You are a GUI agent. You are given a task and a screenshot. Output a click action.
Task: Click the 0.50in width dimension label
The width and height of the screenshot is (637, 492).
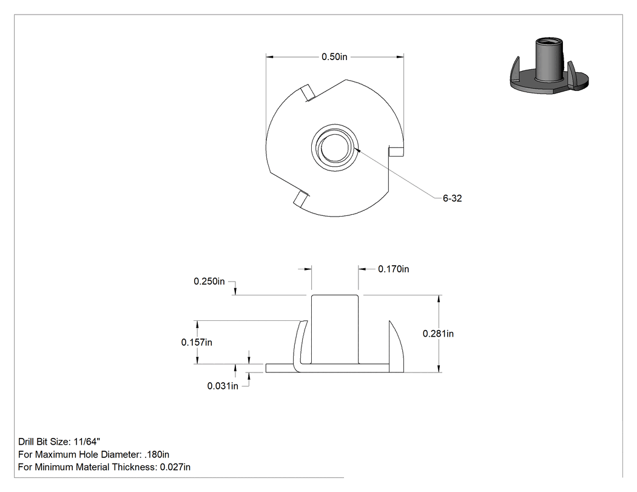334,57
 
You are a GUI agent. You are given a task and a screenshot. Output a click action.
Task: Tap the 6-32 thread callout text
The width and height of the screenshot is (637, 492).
452,198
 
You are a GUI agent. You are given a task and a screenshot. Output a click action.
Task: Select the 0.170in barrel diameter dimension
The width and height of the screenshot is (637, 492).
393,269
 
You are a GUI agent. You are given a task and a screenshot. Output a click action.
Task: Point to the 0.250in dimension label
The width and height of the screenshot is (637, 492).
209,281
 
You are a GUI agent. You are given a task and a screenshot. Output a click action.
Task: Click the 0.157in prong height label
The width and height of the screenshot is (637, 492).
197,342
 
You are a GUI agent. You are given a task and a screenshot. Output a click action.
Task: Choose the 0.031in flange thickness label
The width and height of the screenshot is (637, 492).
223,386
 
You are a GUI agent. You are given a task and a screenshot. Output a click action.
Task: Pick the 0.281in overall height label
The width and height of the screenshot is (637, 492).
438,334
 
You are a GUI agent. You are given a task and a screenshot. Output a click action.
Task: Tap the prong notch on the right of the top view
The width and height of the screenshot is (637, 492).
396,151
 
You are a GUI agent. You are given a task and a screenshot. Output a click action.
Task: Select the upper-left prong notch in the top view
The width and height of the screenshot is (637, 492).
308,93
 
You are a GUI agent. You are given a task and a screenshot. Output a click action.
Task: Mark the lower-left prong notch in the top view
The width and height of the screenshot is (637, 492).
301,198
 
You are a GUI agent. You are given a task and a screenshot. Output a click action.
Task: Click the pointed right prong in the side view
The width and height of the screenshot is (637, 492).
396,346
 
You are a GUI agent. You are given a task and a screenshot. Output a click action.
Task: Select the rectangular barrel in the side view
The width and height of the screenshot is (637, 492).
335,329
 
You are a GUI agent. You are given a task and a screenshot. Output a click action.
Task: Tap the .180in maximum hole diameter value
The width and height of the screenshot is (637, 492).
157,454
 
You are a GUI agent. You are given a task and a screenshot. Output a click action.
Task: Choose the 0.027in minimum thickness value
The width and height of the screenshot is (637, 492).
175,467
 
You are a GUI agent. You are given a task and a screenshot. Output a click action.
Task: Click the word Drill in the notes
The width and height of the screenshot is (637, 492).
26,442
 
